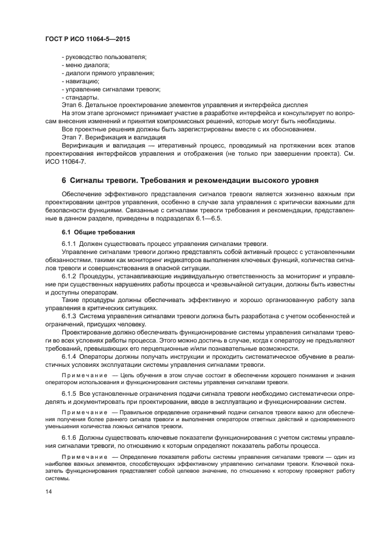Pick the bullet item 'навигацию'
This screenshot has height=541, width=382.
click(x=81, y=81)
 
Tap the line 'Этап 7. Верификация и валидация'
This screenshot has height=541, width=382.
click(x=114, y=138)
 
